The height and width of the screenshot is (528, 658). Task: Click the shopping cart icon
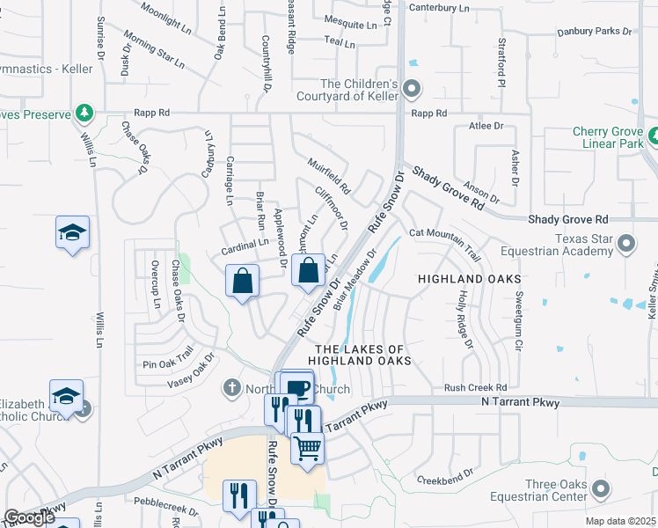point(308,447)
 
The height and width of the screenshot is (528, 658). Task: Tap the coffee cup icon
point(298,386)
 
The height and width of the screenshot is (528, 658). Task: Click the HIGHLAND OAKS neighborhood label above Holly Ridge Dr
point(463,278)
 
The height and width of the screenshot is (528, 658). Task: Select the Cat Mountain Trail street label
point(443,239)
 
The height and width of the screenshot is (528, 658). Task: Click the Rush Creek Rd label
point(476,387)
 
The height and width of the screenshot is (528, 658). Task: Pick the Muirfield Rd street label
point(329,176)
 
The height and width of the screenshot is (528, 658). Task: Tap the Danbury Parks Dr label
point(594,32)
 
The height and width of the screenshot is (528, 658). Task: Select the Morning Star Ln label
point(154,50)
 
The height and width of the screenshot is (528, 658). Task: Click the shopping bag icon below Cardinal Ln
point(243,282)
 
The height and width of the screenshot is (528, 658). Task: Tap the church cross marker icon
point(232,387)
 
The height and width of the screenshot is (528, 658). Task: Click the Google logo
point(29,517)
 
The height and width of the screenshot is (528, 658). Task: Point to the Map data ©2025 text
point(621,521)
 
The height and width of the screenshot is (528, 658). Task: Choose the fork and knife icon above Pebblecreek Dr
point(238,495)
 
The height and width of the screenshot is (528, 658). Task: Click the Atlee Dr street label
point(492,126)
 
